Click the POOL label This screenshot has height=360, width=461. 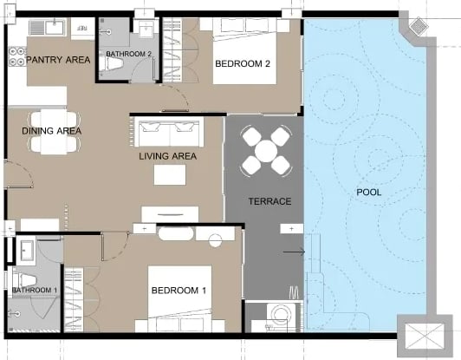click(x=368, y=193)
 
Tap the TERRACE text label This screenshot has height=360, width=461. click(x=269, y=201)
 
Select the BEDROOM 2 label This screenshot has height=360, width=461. click(x=243, y=63)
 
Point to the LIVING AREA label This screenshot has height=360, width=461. click(x=167, y=156)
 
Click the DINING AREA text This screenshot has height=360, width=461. click(x=52, y=131)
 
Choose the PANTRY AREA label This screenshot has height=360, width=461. click(x=58, y=60)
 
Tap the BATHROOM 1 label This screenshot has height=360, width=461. click(x=35, y=291)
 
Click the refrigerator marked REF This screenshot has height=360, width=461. click(x=82, y=29)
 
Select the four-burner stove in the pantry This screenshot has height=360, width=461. click(x=17, y=56)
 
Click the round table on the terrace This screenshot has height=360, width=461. click(x=266, y=151)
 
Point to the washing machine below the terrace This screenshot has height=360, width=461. click(x=280, y=316)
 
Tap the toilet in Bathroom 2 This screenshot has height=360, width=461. click(x=111, y=63)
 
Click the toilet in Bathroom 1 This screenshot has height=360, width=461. click(x=24, y=280)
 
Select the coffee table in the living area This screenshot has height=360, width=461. click(x=170, y=175)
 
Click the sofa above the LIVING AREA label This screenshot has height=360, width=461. click(x=169, y=132)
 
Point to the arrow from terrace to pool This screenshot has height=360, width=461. click(x=294, y=252)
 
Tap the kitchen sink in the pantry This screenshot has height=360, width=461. click(x=48, y=28)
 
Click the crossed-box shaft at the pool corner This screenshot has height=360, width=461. click(x=424, y=335)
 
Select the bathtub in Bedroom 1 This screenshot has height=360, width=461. click(x=176, y=234)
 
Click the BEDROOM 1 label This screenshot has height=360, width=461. click(x=179, y=291)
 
